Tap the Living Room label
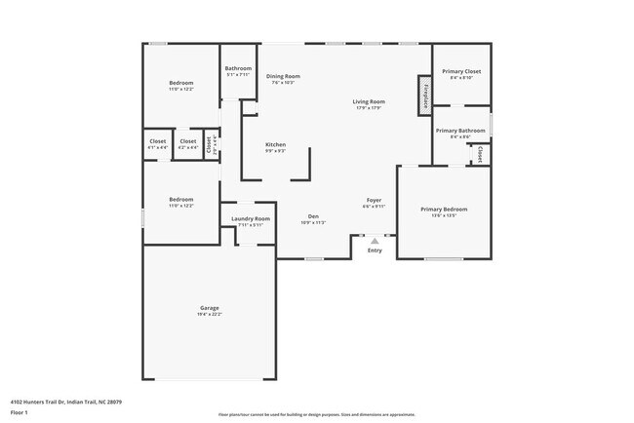click(369, 101)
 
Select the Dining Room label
click(283, 76)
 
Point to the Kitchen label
click(276, 144)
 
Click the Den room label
click(313, 215)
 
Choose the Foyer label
click(374, 200)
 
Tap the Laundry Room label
click(251, 218)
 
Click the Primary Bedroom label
click(444, 210)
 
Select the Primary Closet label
click(461, 71)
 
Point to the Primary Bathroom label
click(460, 131)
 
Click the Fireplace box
click(425, 96)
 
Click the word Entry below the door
click(375, 251)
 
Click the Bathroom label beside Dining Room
click(239, 68)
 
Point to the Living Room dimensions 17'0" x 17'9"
click(369, 108)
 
